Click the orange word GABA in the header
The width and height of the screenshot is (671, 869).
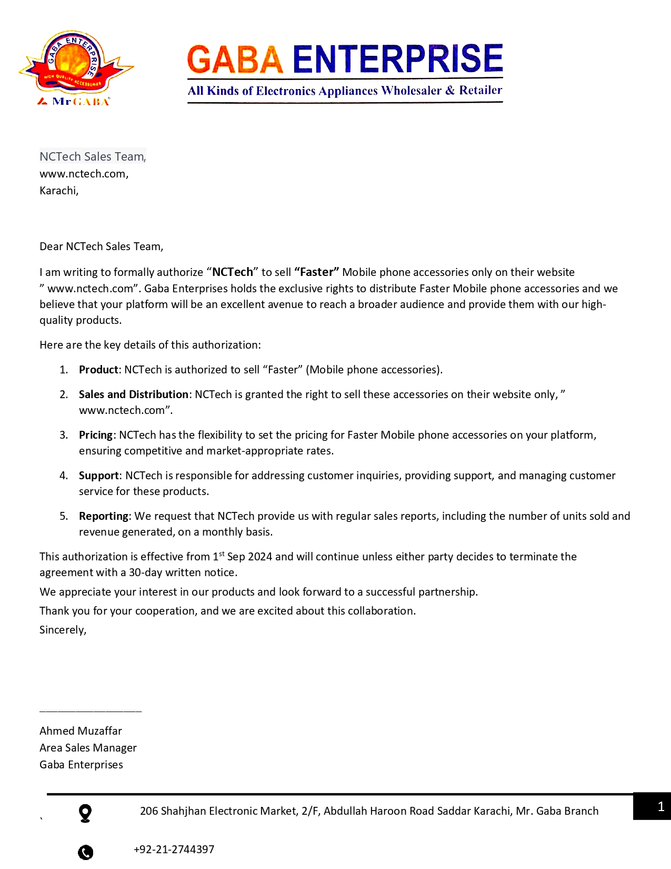[x=235, y=59]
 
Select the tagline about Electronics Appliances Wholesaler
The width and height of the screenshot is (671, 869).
[x=345, y=91]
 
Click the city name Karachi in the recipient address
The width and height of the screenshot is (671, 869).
[x=58, y=191]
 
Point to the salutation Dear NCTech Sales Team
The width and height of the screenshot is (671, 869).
[x=101, y=246]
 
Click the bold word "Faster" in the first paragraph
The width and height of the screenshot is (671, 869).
[x=316, y=272]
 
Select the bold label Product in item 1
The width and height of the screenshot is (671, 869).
[x=98, y=370]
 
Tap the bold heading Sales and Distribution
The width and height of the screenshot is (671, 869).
[x=133, y=394]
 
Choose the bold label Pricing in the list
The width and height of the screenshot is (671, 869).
[x=96, y=435]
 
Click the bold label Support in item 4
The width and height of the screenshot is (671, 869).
[x=99, y=476]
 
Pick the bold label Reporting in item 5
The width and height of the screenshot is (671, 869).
[x=104, y=516]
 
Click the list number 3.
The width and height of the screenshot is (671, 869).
[x=64, y=435]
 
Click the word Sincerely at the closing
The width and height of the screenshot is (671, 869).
[x=63, y=630]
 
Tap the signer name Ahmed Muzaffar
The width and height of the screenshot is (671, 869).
[x=81, y=731]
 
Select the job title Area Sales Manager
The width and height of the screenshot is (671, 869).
[x=88, y=748]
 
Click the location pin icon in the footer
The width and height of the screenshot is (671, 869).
[x=85, y=813]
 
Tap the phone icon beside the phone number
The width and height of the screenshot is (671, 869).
[x=85, y=852]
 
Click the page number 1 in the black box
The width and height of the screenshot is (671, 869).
[x=660, y=806]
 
